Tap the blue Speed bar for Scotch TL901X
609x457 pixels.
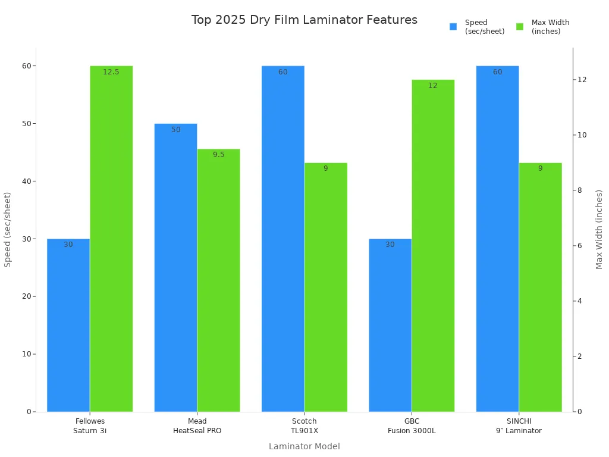point(282,238)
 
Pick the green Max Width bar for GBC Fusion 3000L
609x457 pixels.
point(433,245)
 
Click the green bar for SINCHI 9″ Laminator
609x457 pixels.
point(540,287)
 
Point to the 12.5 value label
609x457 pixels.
point(111,72)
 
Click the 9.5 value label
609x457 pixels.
point(219,155)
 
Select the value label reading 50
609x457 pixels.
point(176,130)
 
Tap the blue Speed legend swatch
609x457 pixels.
point(453,27)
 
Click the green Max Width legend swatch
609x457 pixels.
point(520,27)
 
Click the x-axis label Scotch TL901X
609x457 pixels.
point(304,426)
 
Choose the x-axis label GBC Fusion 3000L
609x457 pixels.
point(412,426)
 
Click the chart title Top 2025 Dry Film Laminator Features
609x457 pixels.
point(304,20)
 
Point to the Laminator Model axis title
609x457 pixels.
point(304,446)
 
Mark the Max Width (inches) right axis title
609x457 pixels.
point(599,229)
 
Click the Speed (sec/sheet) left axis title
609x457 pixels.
point(8,229)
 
